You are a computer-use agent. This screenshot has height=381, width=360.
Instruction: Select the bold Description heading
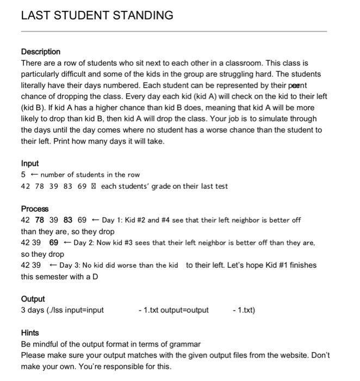41,52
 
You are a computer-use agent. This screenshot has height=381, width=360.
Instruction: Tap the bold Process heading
35,209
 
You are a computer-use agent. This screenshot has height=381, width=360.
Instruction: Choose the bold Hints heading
30,333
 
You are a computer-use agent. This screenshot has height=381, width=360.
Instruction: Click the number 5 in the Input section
23,175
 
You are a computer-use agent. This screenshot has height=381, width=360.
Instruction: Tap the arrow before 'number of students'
34,175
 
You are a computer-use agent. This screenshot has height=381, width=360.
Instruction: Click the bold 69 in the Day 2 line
54,243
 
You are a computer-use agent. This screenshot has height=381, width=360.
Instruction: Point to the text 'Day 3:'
71,265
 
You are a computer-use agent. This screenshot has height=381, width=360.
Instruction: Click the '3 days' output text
33,310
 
